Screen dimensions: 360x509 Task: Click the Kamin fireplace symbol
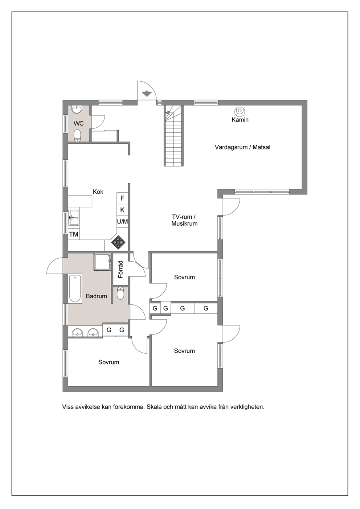tap(240, 111)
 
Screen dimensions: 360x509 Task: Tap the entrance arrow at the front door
tap(147, 93)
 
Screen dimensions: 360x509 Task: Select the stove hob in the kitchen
tap(118, 242)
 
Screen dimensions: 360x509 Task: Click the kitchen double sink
tap(74, 218)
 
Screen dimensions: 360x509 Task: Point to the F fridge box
tap(122, 198)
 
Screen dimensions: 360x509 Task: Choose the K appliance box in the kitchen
tap(122, 210)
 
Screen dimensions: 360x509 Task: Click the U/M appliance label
tap(123, 221)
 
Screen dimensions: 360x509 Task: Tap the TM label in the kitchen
tap(74, 234)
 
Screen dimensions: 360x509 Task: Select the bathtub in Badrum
tap(75, 288)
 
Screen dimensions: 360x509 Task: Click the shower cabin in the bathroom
tap(102, 262)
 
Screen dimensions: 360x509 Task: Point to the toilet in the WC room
tap(78, 135)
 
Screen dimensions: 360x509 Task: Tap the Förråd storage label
tap(120, 269)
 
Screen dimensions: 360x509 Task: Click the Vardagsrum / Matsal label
tap(242, 147)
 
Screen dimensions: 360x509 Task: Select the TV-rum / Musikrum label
tap(184, 220)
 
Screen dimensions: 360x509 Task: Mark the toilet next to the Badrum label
tap(120, 294)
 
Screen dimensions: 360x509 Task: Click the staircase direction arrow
tap(168, 112)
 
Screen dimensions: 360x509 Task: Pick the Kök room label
tap(98, 192)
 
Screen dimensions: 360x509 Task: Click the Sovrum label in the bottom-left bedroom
tap(109, 362)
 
